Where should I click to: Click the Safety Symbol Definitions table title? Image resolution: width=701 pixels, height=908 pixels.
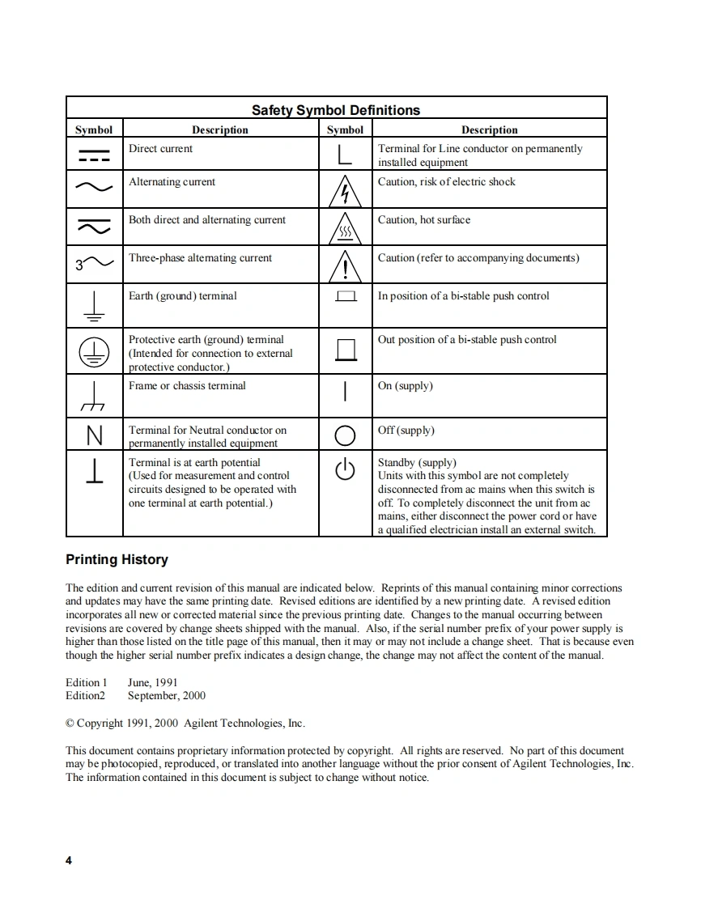(335, 110)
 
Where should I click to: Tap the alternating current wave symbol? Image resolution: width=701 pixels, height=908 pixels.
(94, 188)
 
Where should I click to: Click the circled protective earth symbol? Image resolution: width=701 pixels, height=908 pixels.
(94, 350)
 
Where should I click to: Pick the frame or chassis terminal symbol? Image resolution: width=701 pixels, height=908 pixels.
(94, 396)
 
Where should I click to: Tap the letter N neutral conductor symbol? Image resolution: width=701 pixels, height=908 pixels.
(95, 436)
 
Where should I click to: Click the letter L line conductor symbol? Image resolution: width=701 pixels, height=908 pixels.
(345, 154)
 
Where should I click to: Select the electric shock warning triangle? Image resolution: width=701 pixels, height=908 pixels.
(345, 191)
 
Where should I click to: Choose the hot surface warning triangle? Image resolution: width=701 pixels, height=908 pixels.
(345, 229)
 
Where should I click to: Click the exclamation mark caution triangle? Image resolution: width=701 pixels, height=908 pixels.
(345, 265)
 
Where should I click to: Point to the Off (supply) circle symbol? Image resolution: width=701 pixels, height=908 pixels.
(345, 435)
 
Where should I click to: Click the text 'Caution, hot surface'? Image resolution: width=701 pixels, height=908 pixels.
(423, 220)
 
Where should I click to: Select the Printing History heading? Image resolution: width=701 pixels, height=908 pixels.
(117, 560)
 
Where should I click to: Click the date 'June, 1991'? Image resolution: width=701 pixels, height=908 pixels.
(153, 683)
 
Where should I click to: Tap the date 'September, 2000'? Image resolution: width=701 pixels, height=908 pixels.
(167, 696)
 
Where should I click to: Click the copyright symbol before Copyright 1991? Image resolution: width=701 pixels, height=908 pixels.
(70, 723)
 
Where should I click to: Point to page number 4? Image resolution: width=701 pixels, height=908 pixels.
(69, 860)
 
